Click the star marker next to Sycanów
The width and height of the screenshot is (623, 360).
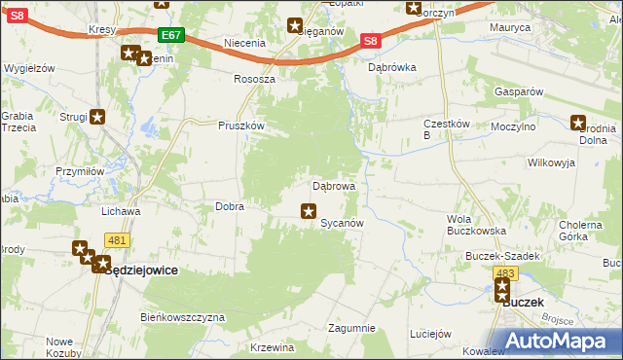tap(309, 210)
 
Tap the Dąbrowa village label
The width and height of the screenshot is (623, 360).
tap(333, 185)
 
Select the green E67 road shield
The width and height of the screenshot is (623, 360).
tap(170, 35)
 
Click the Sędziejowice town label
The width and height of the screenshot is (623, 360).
tap(141, 270)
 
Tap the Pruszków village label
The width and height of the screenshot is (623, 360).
tap(241, 126)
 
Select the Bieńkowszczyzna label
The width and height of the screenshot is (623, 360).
tap(183, 317)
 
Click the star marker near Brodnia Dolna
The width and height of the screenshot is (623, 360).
tap(577, 123)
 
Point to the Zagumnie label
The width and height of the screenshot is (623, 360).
tap(351, 328)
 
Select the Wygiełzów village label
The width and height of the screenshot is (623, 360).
tap(29, 69)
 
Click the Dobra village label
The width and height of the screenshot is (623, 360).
tap(229, 206)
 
